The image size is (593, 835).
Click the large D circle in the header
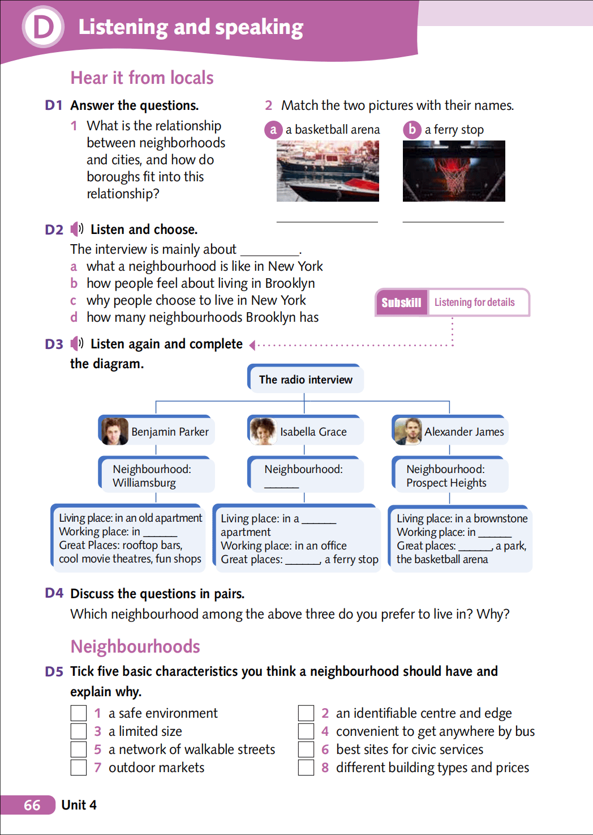43,27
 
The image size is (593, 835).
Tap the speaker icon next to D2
77,229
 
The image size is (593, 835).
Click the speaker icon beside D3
77,344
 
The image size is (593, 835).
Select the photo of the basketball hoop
453,171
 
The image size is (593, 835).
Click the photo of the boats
328,171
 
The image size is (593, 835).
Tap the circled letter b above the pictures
412,130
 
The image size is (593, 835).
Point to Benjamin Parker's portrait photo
115,431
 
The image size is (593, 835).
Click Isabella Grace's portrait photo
263,431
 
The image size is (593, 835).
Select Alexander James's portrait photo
409,431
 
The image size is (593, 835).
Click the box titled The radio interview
306,380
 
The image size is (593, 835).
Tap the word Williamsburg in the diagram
144,483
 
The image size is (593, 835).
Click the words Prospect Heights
446,483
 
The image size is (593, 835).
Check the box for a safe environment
79,713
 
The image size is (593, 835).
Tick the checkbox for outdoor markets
79,768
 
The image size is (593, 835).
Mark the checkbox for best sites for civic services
306,749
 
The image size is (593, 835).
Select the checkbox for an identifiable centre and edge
306,713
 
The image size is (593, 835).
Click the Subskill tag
401,303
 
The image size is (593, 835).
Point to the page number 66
32,805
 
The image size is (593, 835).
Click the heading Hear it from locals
142,78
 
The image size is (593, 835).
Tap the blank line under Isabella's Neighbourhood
281,485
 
